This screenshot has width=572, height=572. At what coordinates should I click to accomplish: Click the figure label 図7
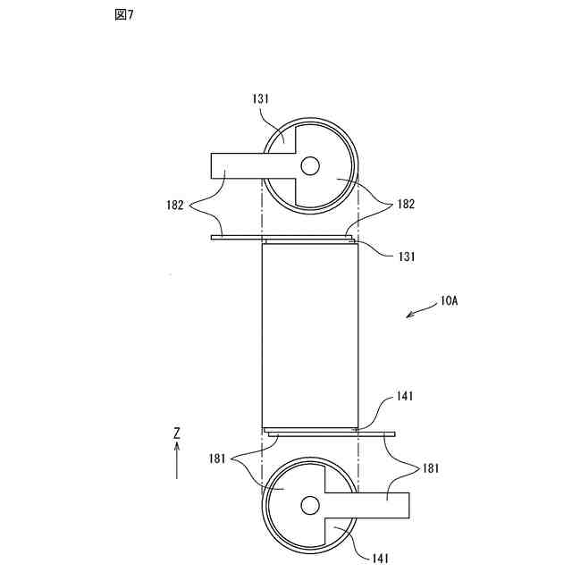click(x=124, y=15)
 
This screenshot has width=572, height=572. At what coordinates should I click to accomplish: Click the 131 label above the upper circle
click(x=260, y=98)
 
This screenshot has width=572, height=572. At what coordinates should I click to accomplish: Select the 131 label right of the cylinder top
click(x=407, y=257)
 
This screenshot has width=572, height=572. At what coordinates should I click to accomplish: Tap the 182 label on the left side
click(x=175, y=205)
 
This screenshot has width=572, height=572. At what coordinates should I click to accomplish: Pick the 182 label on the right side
click(x=406, y=204)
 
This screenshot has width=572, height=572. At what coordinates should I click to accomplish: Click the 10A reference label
click(x=449, y=301)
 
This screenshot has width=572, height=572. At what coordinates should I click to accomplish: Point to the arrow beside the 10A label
click(x=421, y=310)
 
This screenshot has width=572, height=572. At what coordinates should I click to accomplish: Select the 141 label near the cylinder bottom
click(x=405, y=396)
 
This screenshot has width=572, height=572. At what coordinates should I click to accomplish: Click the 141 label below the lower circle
click(x=380, y=558)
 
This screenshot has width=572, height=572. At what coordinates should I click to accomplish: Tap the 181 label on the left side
click(x=217, y=458)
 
